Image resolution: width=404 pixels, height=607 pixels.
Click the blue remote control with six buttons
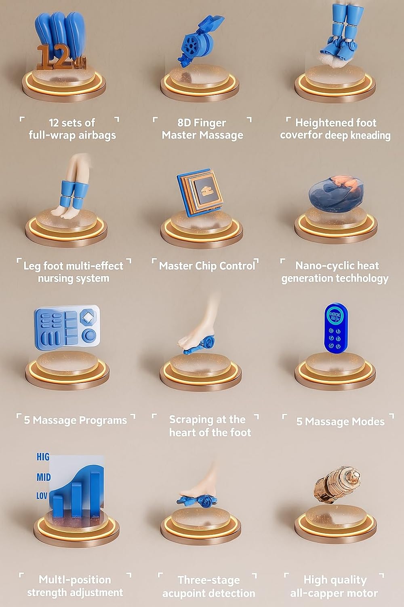click(x=336, y=328)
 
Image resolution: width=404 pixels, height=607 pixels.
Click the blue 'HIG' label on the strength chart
click(x=43, y=457)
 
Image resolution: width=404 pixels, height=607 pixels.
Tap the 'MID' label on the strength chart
click(x=43, y=477)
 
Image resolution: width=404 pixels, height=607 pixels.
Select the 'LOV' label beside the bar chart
click(x=42, y=496)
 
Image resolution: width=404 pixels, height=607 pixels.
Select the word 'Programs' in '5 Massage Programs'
click(x=103, y=420)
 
